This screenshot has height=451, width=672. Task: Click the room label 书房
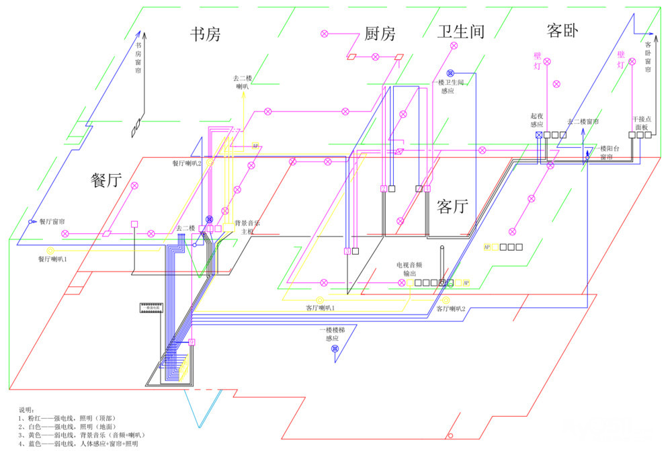tap(205, 34)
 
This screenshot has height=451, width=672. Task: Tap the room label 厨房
tap(380, 34)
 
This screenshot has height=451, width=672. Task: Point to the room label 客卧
tap(562, 31)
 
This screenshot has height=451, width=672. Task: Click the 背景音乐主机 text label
tap(245, 227)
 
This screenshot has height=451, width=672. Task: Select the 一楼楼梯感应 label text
tap(332, 334)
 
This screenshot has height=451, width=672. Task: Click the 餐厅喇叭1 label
tap(53, 259)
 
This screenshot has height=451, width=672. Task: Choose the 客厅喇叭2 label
tap(451, 309)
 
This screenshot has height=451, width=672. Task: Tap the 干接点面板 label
tap(642, 123)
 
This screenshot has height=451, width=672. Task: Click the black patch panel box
tap(151, 308)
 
